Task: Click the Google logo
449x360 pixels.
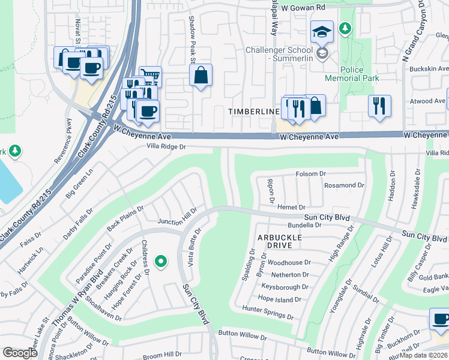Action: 20,353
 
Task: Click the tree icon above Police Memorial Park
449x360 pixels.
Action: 345,28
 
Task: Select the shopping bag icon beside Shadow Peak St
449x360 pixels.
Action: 201,76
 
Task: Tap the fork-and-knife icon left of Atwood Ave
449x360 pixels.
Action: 379,106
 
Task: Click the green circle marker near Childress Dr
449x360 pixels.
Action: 160,261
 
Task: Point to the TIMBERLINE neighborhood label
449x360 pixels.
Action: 253,112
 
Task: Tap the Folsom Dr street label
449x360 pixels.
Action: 310,174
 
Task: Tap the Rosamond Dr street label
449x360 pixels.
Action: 344,185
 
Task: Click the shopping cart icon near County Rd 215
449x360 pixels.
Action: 151,75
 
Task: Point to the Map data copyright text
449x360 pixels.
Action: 423,355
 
